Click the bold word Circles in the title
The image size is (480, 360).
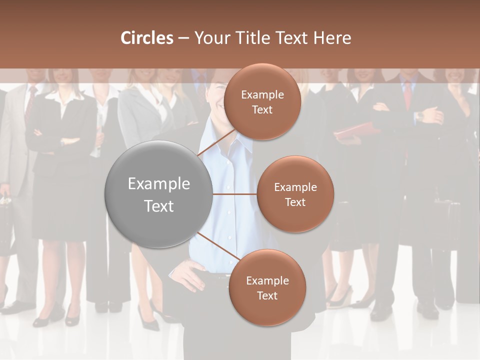click(x=146, y=38)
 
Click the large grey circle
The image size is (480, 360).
click(x=159, y=194)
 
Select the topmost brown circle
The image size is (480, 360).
click(x=262, y=102)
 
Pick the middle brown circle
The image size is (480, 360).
click(x=295, y=194)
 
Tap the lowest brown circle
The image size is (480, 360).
click(x=267, y=287)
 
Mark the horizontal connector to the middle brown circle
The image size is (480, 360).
click(x=234, y=194)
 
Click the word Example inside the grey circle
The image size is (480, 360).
click(x=159, y=184)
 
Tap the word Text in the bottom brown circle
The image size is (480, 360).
click(x=267, y=295)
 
